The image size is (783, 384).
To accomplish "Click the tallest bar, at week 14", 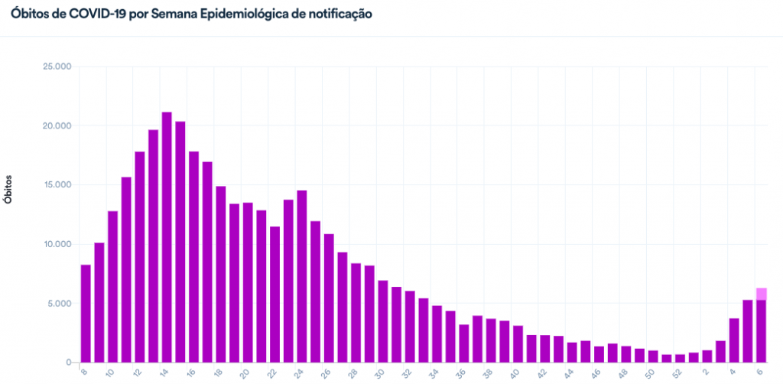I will click(x=167, y=237).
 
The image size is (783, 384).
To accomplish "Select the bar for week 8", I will click(x=86, y=314).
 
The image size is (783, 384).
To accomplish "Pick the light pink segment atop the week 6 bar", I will click(x=762, y=294).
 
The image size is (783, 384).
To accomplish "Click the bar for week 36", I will click(x=463, y=343).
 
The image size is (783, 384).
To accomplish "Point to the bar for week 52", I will click(x=680, y=358).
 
